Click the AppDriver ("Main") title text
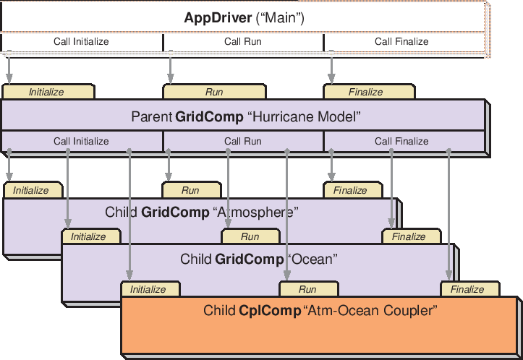tap(243, 18)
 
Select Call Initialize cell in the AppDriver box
tap(81, 41)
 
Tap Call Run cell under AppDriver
tap(243, 41)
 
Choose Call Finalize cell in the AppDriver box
tap(401, 41)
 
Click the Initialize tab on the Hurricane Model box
tap(47, 92)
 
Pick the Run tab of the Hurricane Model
tap(214, 92)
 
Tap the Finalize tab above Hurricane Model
tap(366, 92)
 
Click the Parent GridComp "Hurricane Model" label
tap(246, 116)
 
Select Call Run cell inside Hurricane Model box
tap(243, 141)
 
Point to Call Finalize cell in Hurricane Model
tap(401, 141)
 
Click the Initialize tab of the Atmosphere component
tap(31, 190)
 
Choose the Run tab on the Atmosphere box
tap(190, 190)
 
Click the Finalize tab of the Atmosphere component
tap(350, 190)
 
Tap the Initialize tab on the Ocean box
tap(88, 236)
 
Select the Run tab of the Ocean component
tap(250, 236)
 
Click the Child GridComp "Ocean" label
tap(259, 258)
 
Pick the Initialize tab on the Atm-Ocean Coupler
tap(148, 289)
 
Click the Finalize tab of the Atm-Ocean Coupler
tap(467, 289)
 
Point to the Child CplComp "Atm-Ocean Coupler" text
tap(321, 311)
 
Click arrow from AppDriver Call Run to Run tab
tap(171, 67)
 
